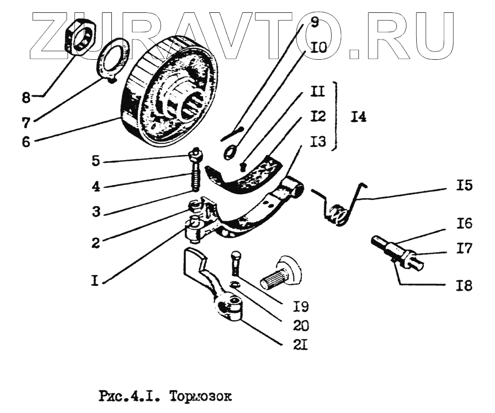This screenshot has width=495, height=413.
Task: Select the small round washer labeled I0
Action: [229, 151]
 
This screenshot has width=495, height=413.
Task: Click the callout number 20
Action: [301, 326]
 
